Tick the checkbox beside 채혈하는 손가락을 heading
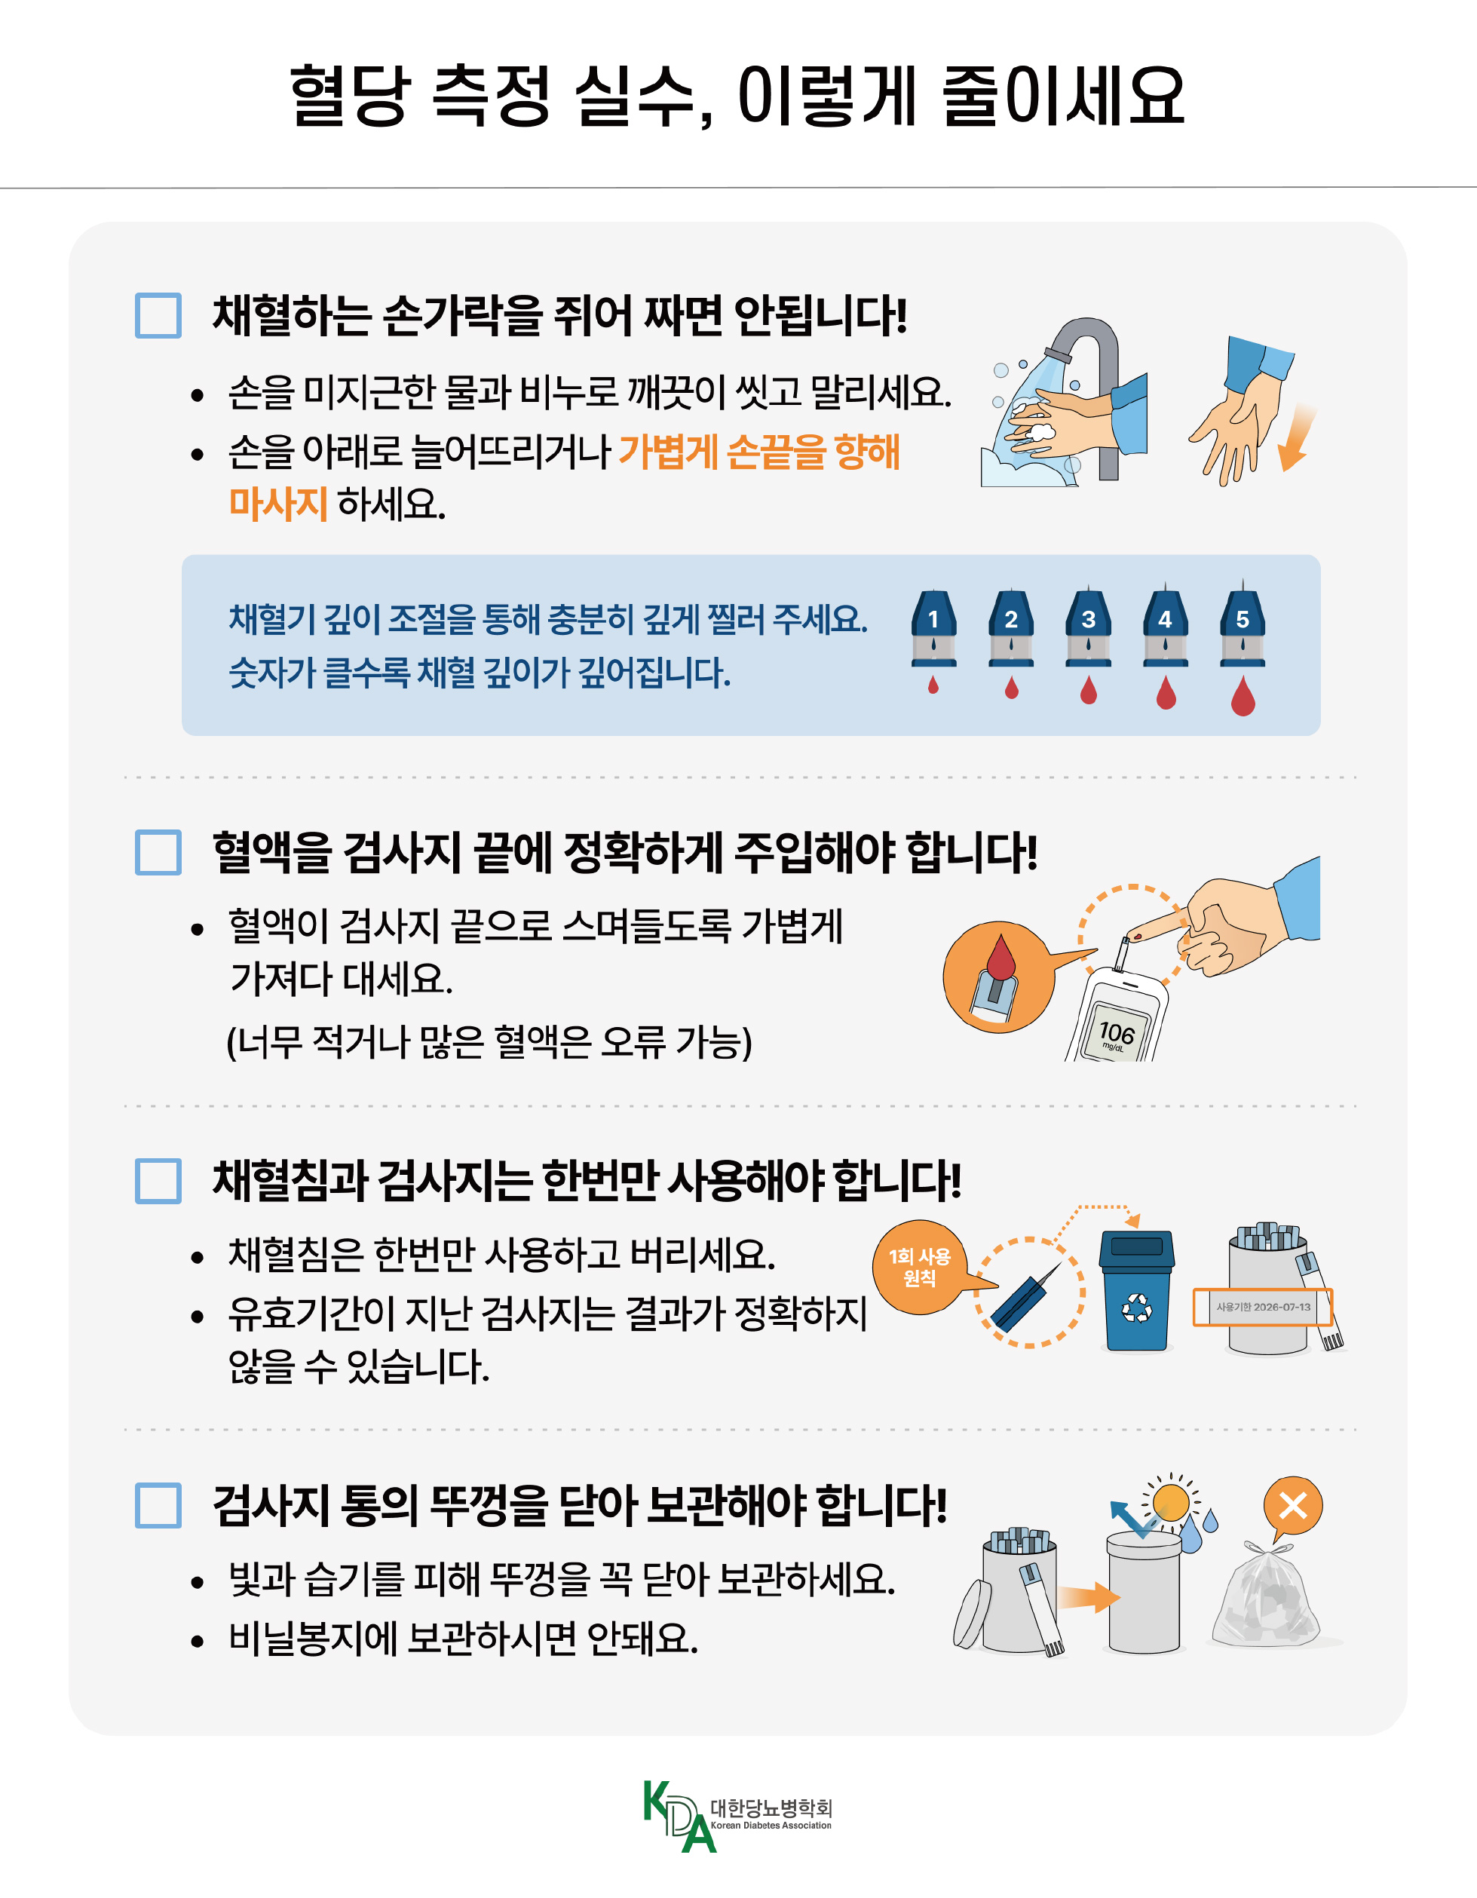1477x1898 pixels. tap(158, 315)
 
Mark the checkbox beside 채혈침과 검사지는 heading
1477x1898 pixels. tap(158, 1180)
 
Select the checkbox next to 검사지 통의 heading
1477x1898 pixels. tap(158, 1505)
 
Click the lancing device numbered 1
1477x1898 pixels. tap(933, 627)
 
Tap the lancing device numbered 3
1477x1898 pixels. tap(1088, 627)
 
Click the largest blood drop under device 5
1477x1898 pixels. tap(1243, 695)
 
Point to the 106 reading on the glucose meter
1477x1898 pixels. tap(1117, 1032)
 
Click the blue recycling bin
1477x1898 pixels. tap(1136, 1290)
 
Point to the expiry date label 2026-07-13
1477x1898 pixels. tap(1262, 1307)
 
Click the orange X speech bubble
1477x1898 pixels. tap(1293, 1508)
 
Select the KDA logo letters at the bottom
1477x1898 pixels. tap(679, 1817)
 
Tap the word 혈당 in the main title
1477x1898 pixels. tap(349, 96)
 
